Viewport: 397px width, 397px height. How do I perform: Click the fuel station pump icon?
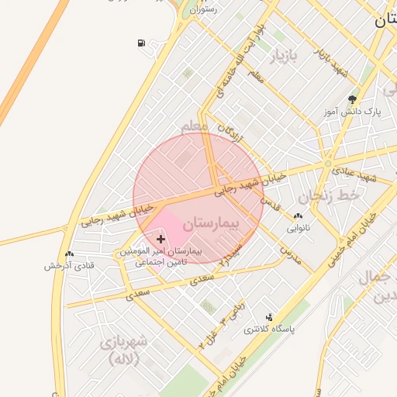[140, 43]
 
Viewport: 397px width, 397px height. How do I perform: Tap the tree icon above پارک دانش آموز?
[353, 99]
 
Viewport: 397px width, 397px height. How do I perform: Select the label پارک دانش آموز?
[354, 112]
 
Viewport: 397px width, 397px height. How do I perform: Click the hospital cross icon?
[161, 239]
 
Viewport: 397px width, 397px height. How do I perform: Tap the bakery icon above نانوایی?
[299, 216]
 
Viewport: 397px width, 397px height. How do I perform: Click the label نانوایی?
[299, 228]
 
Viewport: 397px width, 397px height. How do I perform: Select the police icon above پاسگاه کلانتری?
[269, 316]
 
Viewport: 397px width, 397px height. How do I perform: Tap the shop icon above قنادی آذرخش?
[70, 254]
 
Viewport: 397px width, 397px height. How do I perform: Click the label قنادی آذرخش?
[69, 265]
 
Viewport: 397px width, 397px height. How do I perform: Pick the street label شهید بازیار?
[330, 60]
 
